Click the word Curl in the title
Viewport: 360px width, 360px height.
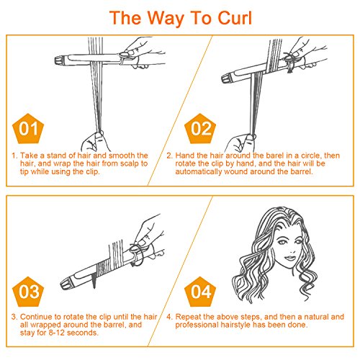pos(235,18)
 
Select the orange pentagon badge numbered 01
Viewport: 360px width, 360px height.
pos(28,129)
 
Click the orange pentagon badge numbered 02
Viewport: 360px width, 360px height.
pos(200,129)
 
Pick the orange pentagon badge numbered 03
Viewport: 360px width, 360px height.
pos(28,292)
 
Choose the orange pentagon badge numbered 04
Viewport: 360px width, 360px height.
pos(200,292)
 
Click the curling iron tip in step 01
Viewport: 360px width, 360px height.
pos(59,60)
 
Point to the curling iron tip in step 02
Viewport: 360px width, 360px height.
pos(226,78)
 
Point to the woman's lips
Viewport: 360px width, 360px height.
pos(290,258)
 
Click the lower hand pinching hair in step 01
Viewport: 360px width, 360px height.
pos(95,141)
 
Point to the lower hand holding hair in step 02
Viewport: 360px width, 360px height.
pos(240,143)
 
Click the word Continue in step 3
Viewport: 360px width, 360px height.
pos(37,317)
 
